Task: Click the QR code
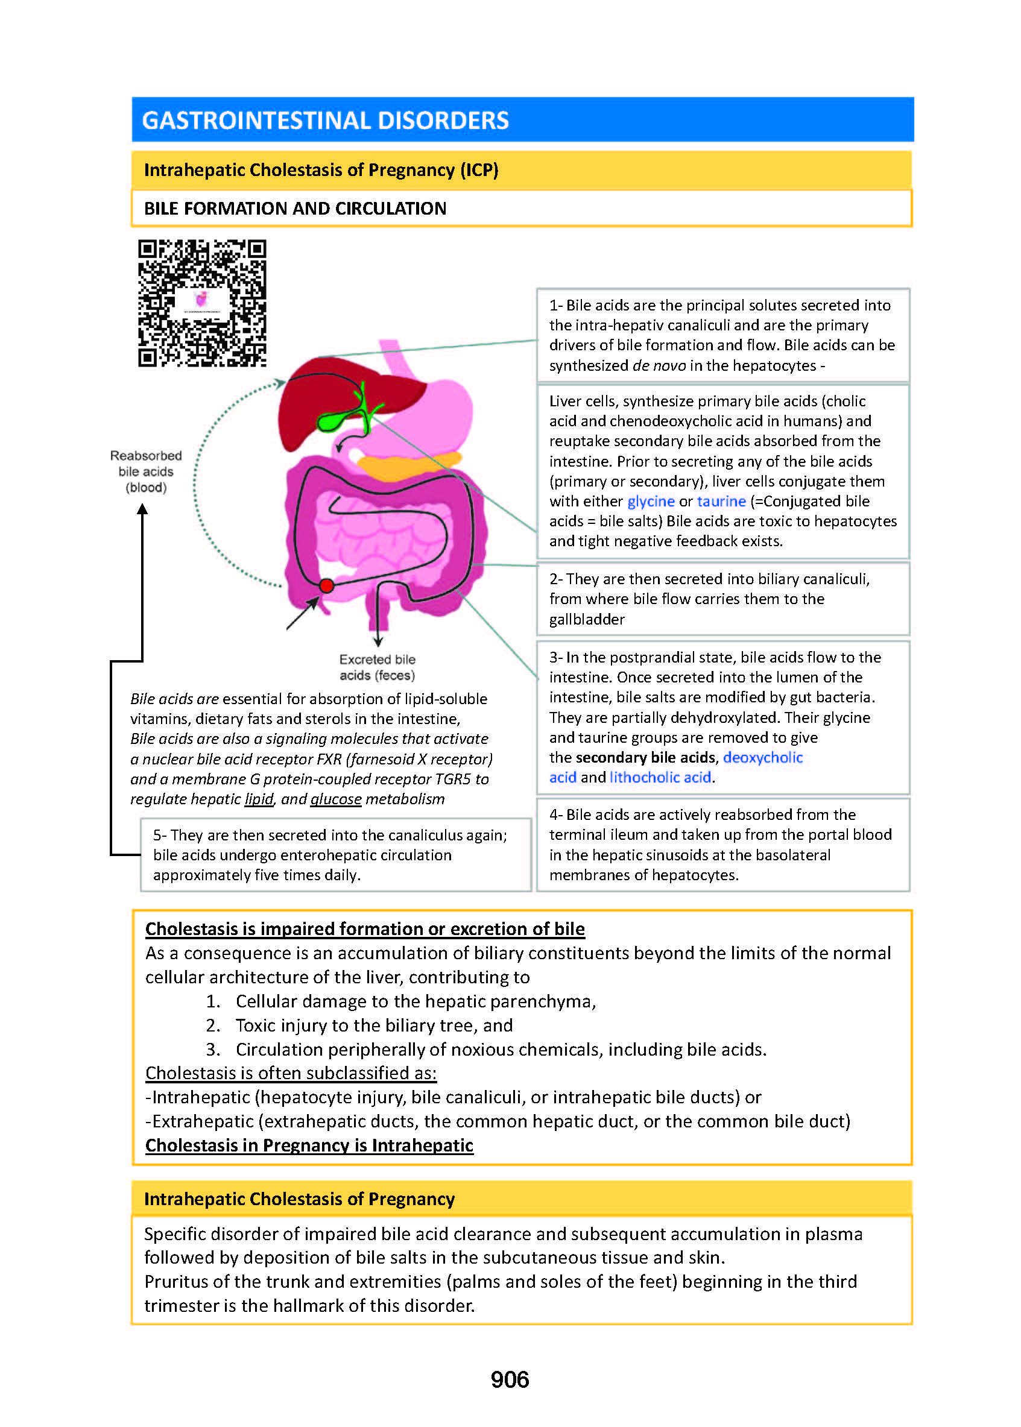[202, 302]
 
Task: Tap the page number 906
[509, 1379]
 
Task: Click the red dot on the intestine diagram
[326, 585]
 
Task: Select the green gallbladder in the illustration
[334, 419]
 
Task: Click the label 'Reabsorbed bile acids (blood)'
[146, 471]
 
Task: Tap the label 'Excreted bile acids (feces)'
[377, 667]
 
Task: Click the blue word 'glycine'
[651, 502]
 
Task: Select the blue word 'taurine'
[721, 502]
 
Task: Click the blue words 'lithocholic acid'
[660, 777]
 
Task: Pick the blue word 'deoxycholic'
[763, 757]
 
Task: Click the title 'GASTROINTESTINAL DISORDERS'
[325, 120]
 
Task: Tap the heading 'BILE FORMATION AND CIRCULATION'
[295, 209]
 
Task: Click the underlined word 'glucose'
[336, 799]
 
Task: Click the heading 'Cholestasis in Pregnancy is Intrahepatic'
[309, 1145]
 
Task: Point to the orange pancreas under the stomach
[409, 465]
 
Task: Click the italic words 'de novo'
[658, 366]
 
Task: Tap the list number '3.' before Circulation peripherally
[213, 1050]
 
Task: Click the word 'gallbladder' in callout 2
[587, 620]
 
